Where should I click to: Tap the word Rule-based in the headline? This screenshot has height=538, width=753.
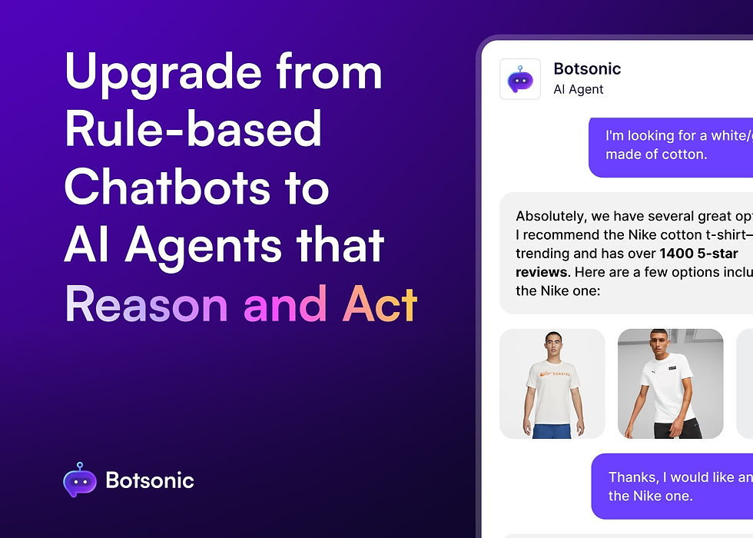click(193, 131)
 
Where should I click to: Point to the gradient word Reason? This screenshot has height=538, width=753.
click(147, 304)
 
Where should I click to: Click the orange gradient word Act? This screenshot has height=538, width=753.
click(380, 304)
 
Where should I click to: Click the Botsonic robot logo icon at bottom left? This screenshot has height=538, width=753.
click(79, 480)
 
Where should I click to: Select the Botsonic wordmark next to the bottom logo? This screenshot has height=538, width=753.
click(150, 482)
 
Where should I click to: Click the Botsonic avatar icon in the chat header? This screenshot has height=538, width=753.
click(520, 79)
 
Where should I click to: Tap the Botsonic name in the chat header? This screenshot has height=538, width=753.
click(587, 69)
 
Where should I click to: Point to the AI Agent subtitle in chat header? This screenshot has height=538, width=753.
click(578, 89)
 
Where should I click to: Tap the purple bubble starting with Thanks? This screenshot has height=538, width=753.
click(672, 487)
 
